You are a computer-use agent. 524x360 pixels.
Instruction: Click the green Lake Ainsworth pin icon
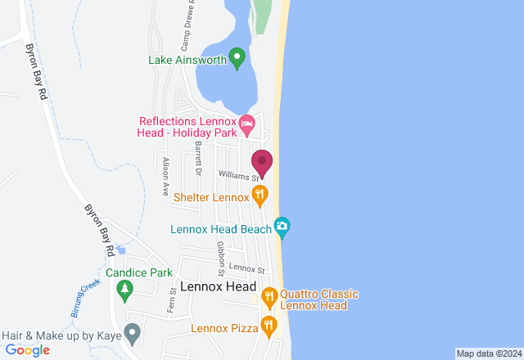click(237, 58)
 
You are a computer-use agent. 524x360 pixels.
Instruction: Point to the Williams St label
click(237, 175)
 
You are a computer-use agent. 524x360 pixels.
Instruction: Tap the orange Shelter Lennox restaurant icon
click(260, 195)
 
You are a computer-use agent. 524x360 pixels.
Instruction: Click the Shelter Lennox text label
click(210, 198)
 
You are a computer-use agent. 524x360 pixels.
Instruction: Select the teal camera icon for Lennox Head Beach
click(282, 227)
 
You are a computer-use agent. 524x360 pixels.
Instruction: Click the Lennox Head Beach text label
click(220, 229)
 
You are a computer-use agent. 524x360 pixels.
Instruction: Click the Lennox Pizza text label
click(224, 329)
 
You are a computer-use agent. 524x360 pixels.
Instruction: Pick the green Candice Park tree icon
click(124, 288)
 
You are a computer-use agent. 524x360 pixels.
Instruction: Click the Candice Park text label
click(138, 272)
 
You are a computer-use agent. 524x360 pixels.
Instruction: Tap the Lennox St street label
click(247, 268)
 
